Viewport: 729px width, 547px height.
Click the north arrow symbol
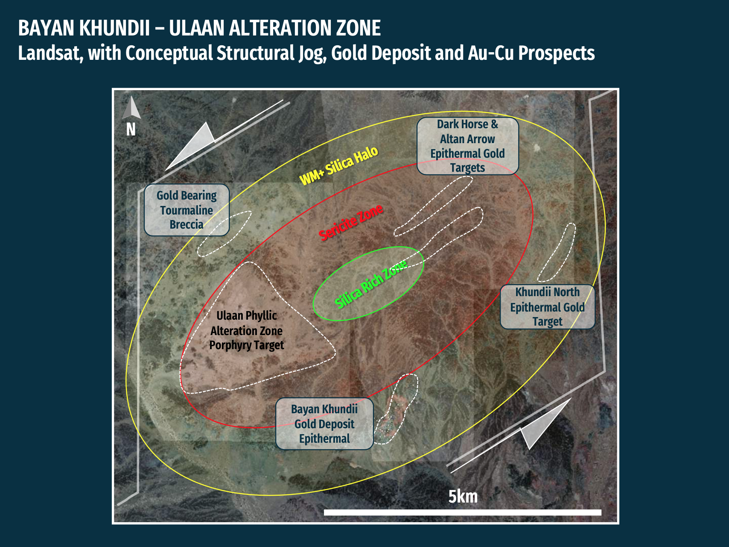click(131, 107)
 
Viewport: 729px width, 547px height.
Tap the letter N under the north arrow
click(131, 129)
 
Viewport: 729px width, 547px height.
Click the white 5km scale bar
click(463, 512)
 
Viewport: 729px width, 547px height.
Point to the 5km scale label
click(463, 497)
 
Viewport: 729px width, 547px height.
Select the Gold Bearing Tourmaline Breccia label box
click(187, 210)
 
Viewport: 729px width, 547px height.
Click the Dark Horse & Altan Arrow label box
click(468, 146)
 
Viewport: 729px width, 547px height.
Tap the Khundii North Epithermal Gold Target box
click(548, 307)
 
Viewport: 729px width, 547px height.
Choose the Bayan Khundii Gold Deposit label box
click(324, 424)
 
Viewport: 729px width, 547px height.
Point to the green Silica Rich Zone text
click(370, 284)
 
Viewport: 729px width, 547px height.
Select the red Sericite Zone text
click(351, 222)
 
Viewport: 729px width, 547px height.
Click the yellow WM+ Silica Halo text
click(339, 165)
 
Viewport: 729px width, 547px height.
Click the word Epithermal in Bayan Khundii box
click(324, 439)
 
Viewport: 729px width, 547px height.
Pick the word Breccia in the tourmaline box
click(187, 224)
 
